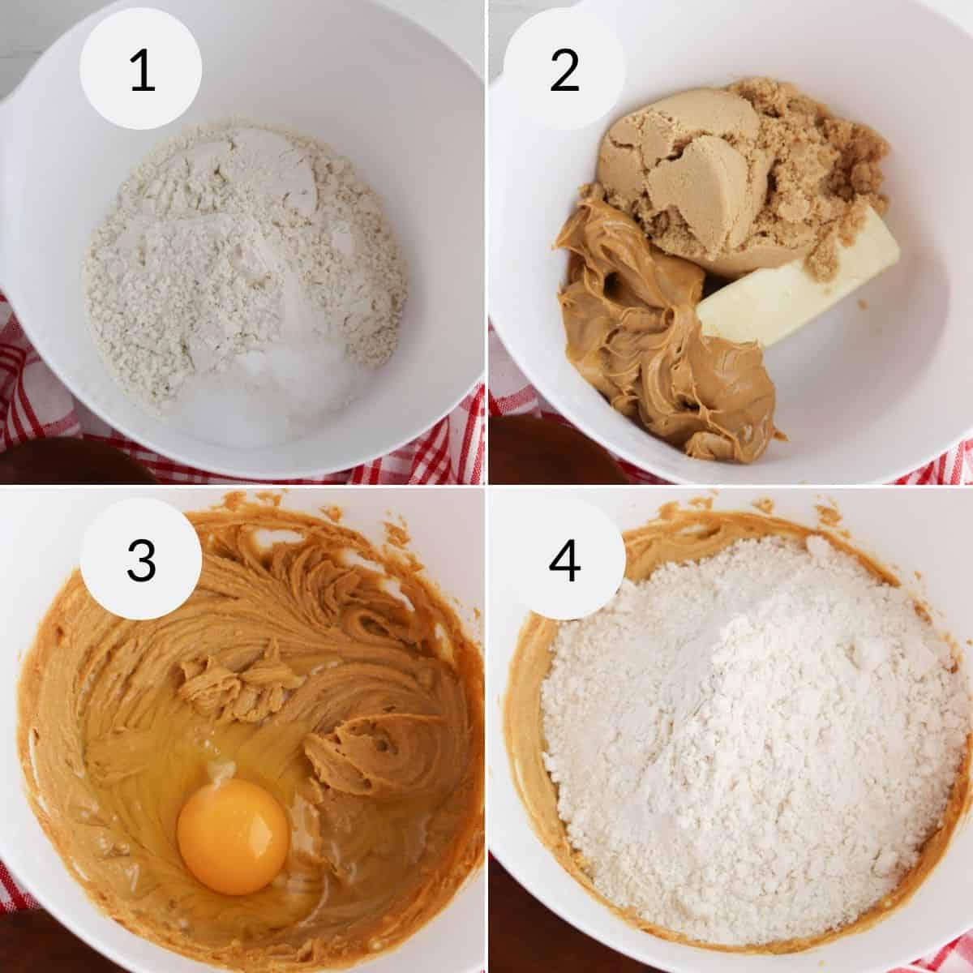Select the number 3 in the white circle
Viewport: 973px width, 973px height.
coord(141,559)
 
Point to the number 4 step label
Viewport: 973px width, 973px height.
coord(564,559)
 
